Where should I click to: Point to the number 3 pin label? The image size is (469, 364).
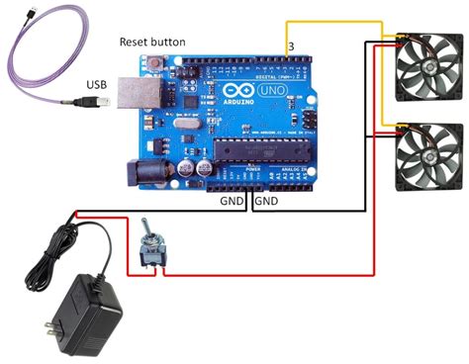pos(290,45)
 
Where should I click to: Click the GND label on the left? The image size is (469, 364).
pos(234,201)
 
